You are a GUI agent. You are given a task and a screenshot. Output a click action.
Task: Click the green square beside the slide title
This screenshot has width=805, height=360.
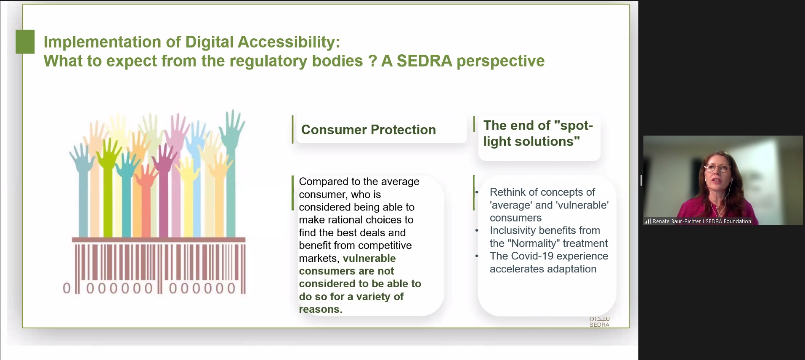click(25, 42)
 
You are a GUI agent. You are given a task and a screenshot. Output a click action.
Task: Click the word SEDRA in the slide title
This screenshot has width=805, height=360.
click(424, 61)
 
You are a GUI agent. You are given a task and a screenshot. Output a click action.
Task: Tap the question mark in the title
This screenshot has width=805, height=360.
click(372, 61)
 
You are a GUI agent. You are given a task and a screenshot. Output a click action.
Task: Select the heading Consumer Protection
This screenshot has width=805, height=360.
click(368, 130)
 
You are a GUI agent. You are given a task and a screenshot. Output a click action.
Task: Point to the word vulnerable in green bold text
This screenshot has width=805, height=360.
click(369, 258)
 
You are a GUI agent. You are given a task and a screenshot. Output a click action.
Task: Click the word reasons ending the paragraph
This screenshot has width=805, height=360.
click(321, 309)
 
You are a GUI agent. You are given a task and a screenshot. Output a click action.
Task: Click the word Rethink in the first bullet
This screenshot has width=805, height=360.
click(507, 192)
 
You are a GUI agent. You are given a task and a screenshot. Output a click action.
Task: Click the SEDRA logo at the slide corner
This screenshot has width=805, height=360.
click(599, 322)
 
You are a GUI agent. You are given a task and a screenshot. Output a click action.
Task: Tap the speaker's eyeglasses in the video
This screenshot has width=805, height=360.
click(717, 168)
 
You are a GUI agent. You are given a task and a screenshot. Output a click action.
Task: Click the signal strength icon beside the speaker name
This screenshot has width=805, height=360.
click(648, 221)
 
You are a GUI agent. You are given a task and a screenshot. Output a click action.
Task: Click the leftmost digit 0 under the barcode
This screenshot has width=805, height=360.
click(67, 288)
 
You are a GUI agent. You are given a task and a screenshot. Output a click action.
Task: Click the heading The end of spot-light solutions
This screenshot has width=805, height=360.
click(538, 133)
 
